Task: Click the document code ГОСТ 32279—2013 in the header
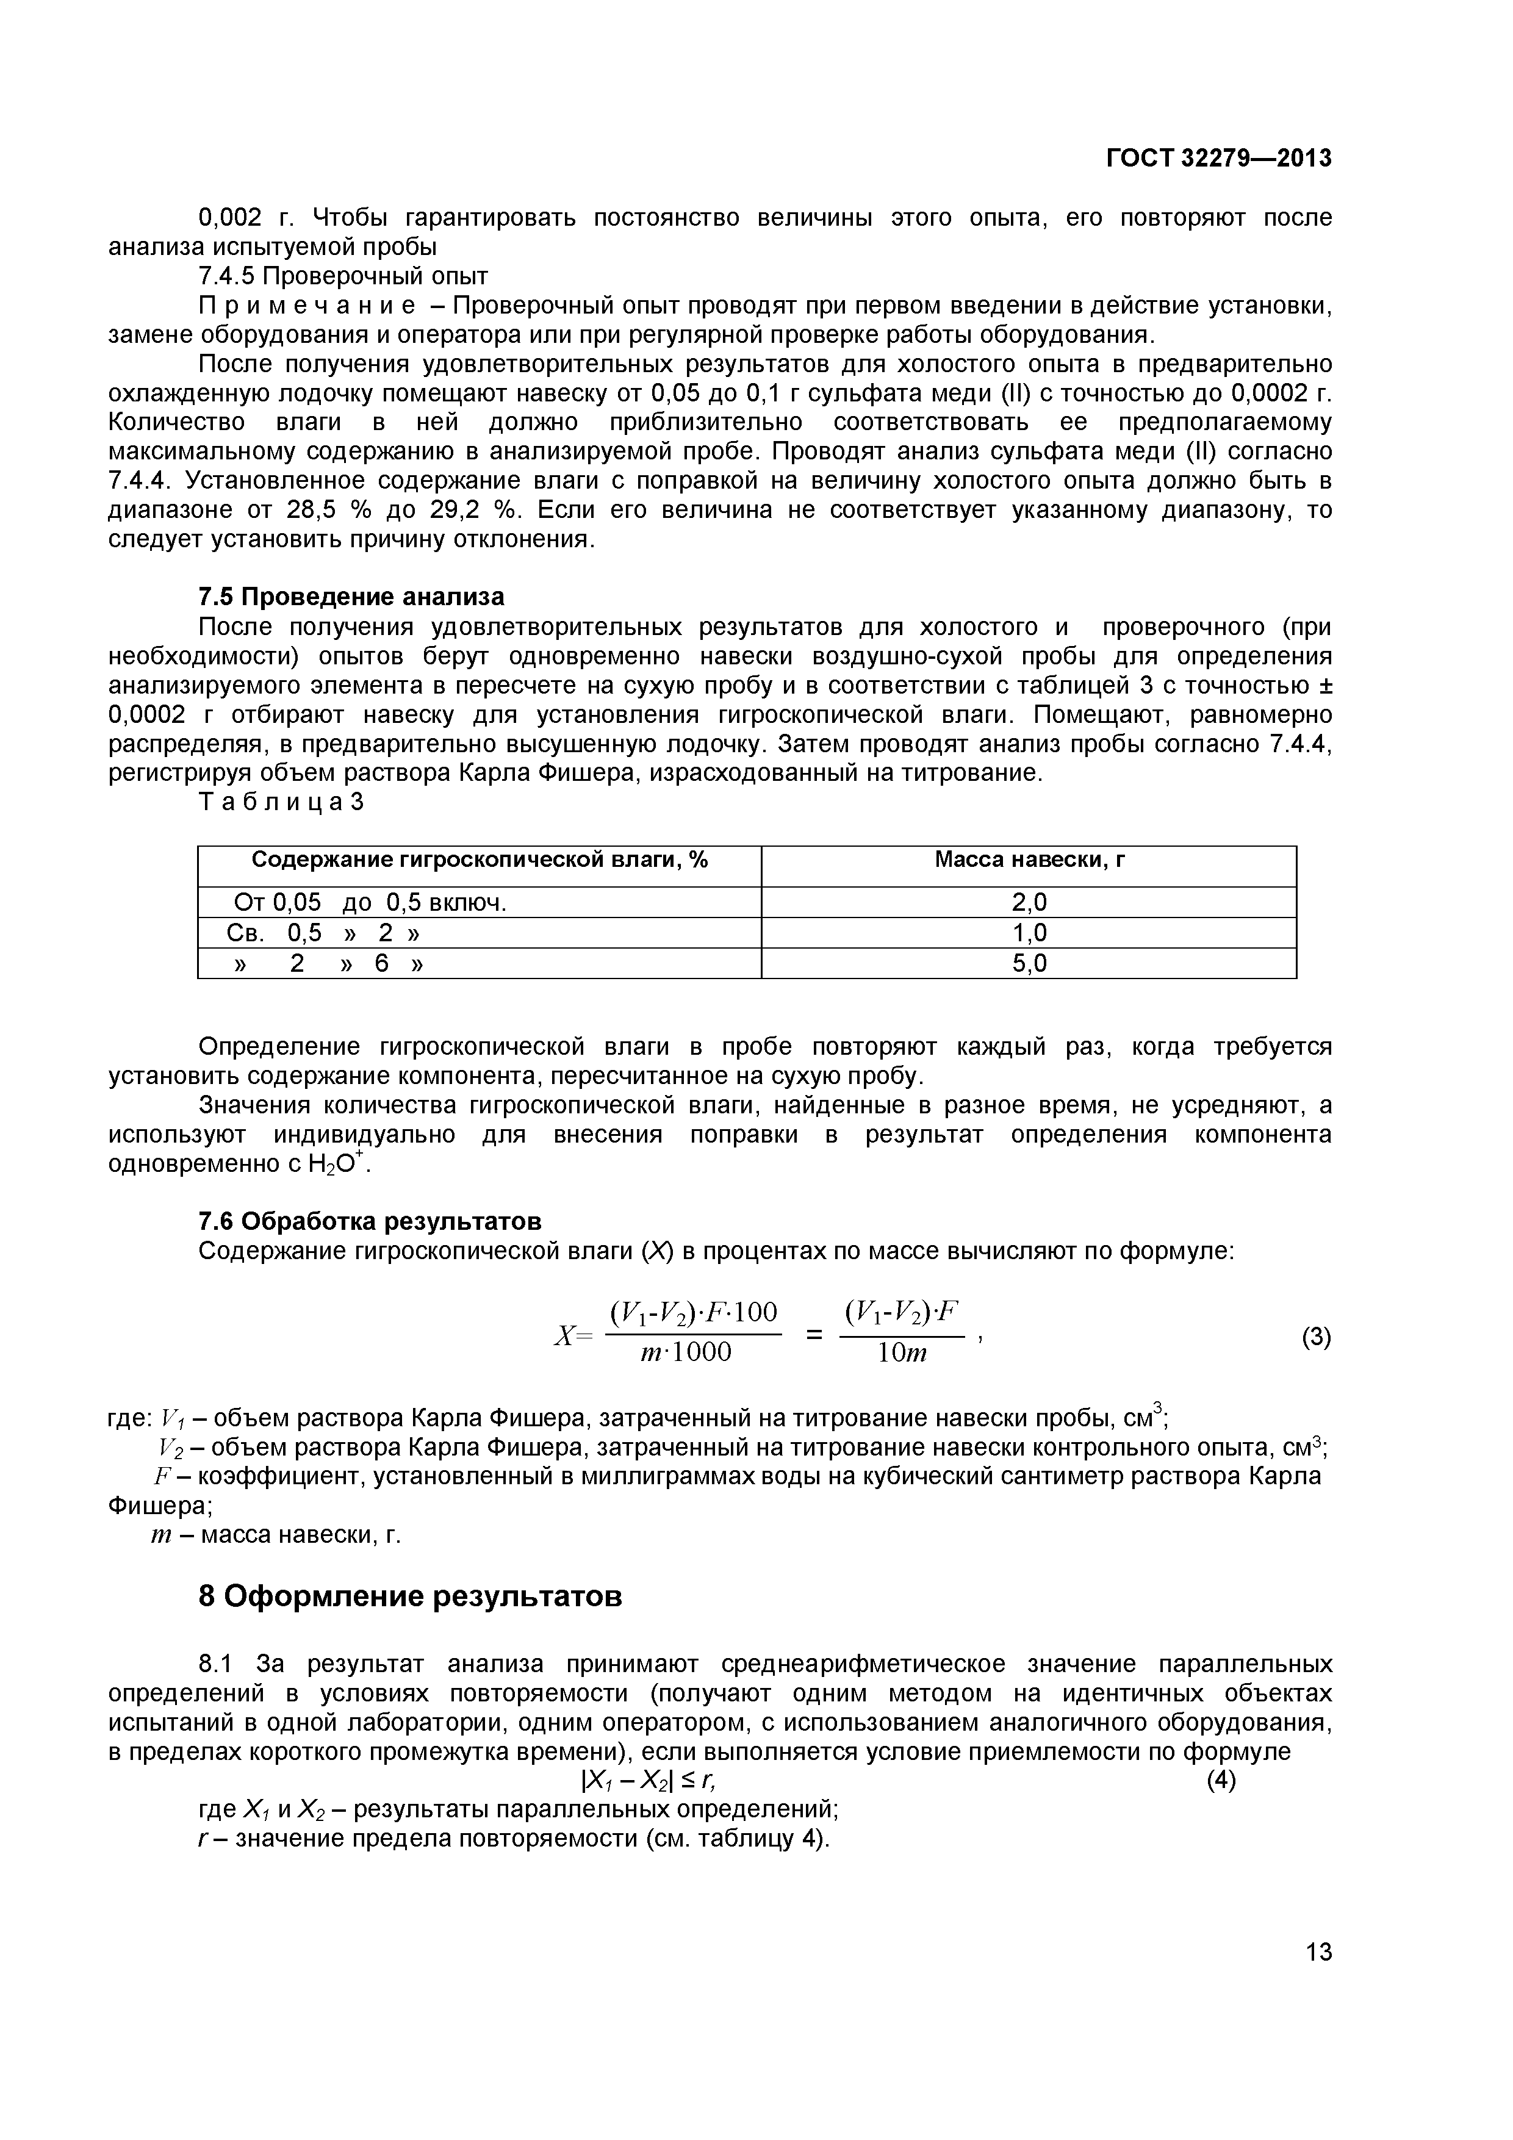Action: click(1218, 159)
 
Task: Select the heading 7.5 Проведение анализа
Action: click(351, 597)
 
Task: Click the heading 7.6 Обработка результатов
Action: click(370, 1221)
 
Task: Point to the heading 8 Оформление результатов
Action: click(410, 1596)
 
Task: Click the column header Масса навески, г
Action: click(1029, 860)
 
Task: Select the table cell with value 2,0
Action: click(1029, 902)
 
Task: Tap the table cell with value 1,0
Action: click(1029, 933)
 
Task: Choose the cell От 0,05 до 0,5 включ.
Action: click(370, 902)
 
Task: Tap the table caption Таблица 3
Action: click(279, 803)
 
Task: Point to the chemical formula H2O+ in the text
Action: click(342, 1164)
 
